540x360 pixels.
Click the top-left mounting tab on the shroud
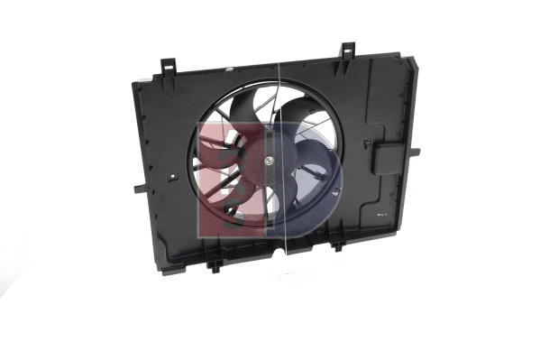point(169,66)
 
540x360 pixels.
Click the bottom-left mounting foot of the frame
point(215,265)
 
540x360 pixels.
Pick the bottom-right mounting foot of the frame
point(337,245)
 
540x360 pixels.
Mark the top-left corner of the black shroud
point(134,83)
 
